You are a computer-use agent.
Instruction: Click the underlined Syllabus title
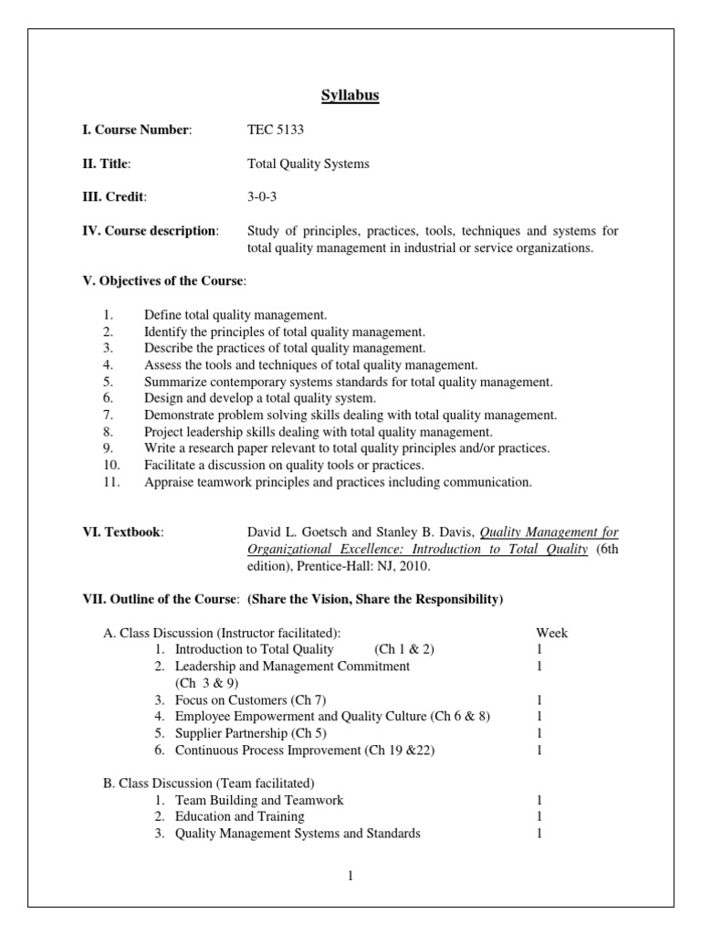pos(350,96)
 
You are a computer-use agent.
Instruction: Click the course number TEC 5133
pos(276,131)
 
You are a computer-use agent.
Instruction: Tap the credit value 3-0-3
pos(263,197)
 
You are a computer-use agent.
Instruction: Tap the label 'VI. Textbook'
pos(123,532)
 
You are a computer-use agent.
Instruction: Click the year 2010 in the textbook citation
pos(411,566)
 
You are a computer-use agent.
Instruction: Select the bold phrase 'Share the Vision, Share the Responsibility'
pos(375,599)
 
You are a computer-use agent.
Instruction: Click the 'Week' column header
pos(551,633)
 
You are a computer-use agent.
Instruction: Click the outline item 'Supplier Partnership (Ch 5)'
pos(251,733)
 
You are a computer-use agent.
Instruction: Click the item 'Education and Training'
pos(239,816)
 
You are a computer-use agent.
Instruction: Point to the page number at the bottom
pos(350,876)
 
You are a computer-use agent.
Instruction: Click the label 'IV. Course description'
pos(151,231)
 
